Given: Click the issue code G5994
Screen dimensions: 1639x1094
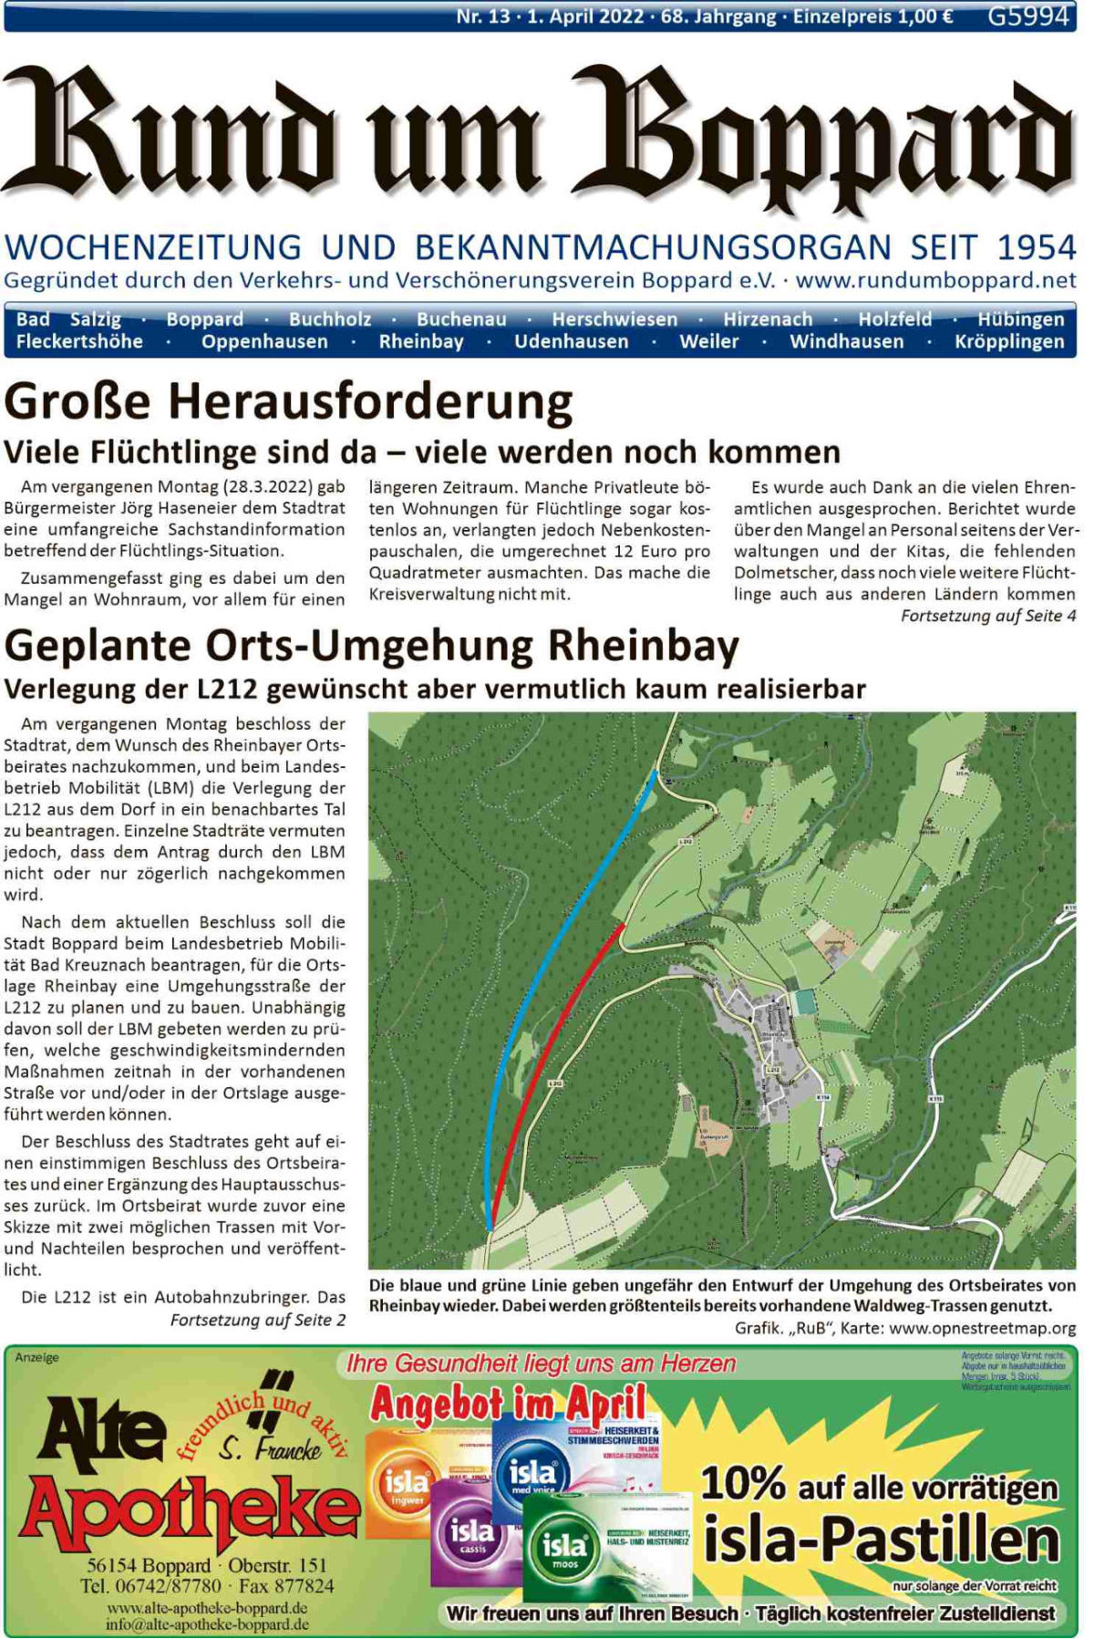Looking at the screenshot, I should tap(1027, 16).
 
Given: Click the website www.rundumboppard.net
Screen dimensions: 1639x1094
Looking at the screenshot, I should tap(935, 280).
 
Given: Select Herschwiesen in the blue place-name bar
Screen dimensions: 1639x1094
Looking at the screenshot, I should tap(614, 319).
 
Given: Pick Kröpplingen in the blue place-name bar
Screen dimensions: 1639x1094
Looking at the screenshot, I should tap(1009, 342).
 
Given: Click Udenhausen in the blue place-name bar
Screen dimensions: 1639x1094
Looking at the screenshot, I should tap(571, 342).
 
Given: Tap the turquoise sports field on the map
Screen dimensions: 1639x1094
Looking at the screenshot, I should tap(804, 1001).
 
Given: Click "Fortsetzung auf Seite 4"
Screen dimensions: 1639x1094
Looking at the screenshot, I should tap(987, 616).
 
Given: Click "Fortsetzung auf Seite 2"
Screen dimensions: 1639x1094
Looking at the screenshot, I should tap(257, 1320).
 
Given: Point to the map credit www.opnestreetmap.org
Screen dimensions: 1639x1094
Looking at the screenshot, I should tap(982, 1328).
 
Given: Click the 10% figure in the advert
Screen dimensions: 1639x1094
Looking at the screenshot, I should tap(742, 1483).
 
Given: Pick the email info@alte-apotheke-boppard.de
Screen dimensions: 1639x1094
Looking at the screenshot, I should tap(207, 1624).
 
